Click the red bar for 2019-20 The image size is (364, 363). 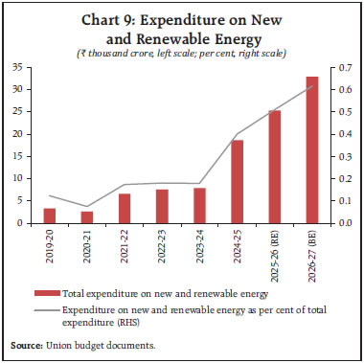50,216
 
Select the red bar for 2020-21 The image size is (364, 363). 87,217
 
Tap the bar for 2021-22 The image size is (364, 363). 125,209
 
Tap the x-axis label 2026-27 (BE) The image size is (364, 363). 311,248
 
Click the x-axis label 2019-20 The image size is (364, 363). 50,241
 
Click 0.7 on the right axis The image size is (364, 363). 343,67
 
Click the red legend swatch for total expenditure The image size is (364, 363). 44,291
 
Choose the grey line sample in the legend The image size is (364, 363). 44,311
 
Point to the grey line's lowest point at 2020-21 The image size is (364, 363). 87,207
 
